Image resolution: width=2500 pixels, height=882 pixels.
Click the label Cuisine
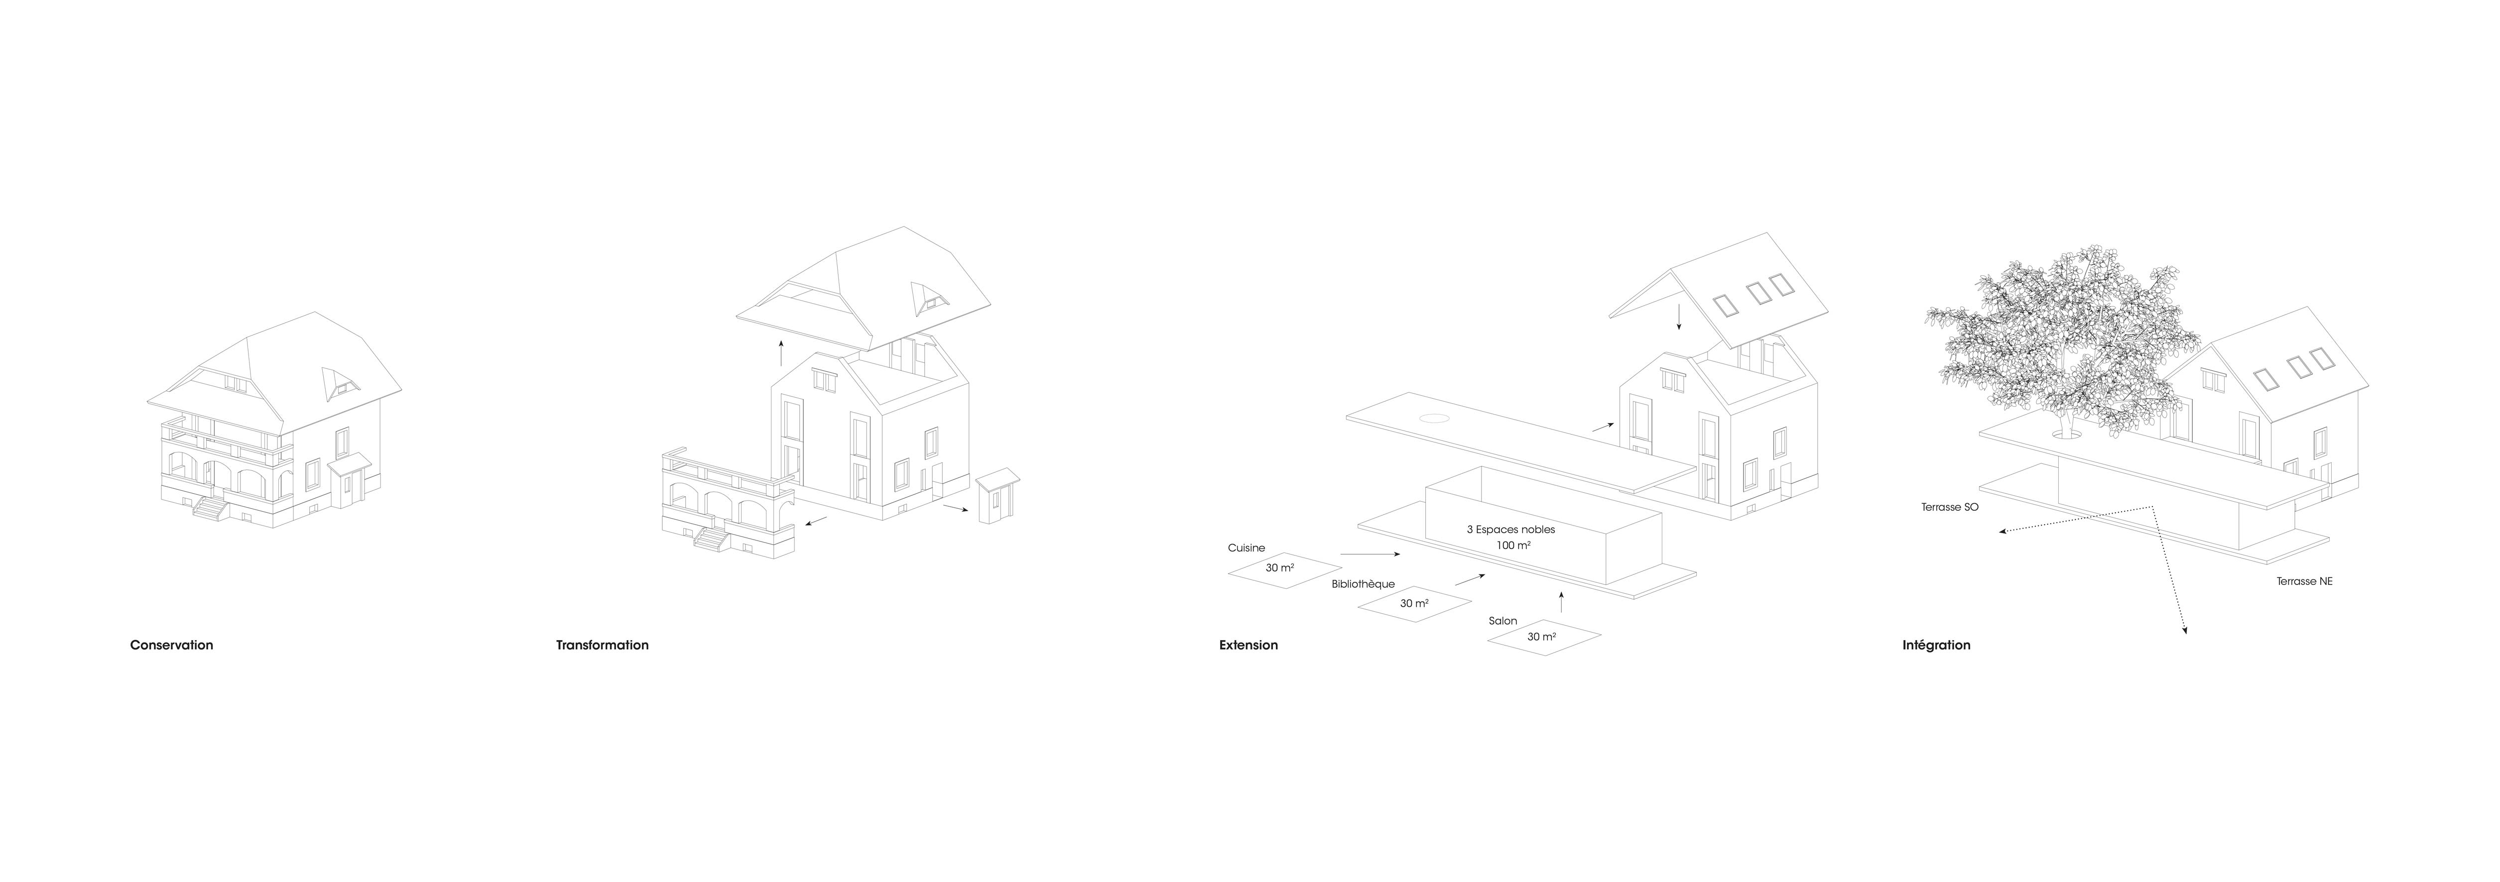click(1246, 548)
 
